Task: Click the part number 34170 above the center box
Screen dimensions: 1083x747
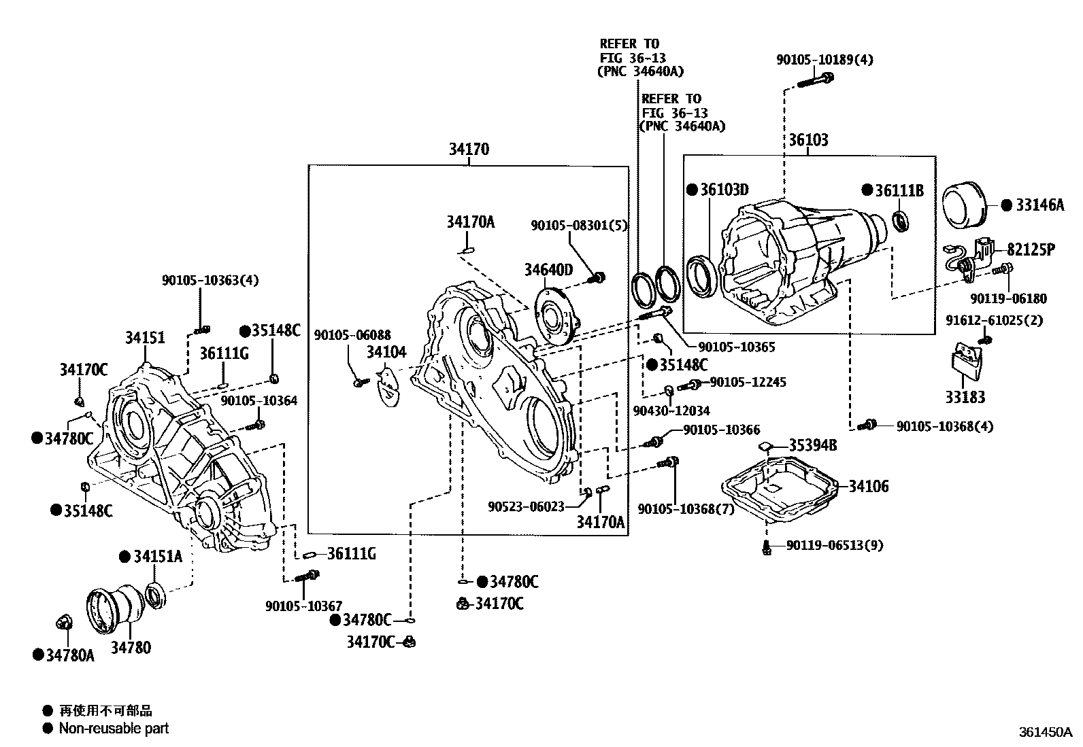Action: click(469, 150)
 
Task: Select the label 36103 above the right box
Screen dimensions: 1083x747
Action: click(808, 140)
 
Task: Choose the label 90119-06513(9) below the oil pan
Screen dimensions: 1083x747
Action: click(835, 546)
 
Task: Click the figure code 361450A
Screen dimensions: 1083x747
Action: click(1046, 733)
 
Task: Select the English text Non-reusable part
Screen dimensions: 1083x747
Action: click(114, 728)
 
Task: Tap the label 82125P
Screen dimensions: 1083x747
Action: click(1031, 250)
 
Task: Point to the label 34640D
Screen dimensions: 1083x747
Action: click(548, 270)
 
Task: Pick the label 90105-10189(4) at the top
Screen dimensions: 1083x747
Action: click(824, 60)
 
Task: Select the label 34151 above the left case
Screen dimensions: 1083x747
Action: click(145, 337)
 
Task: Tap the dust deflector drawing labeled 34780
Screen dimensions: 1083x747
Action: click(116, 609)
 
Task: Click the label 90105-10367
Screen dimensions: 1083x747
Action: click(303, 606)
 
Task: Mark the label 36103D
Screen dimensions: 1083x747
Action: click(724, 190)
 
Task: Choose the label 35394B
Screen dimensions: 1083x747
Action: click(813, 445)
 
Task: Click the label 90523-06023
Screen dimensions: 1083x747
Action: click(526, 506)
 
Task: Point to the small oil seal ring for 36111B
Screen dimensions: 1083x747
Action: click(900, 221)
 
